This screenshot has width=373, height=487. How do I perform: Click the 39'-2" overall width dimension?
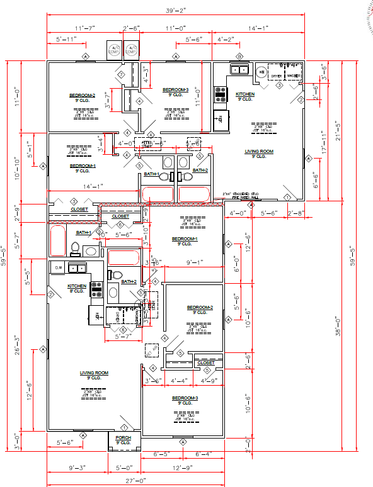[x=176, y=11]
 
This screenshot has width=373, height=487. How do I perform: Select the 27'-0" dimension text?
[x=135, y=481]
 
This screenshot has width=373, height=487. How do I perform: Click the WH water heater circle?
[x=260, y=72]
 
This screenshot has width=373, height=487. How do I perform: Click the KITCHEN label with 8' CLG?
[x=76, y=288]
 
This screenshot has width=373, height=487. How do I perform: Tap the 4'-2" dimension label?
[x=225, y=40]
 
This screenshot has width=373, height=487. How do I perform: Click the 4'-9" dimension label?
[x=209, y=381]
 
